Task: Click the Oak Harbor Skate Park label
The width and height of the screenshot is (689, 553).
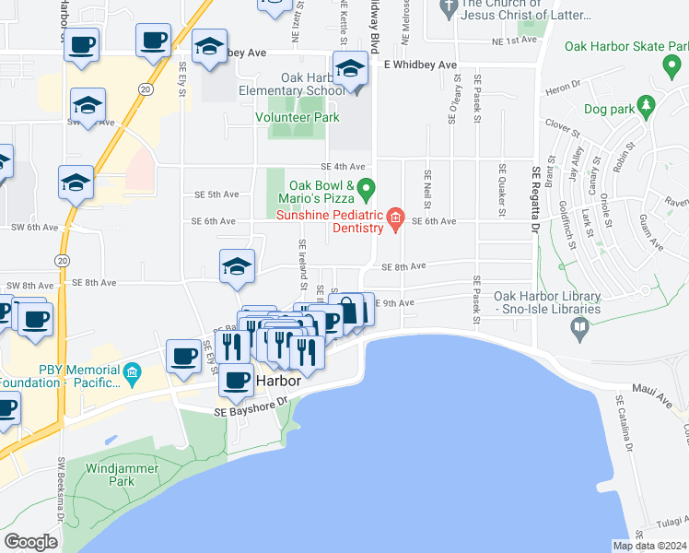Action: tap(626, 46)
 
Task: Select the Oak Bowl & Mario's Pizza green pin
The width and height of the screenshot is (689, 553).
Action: tap(367, 191)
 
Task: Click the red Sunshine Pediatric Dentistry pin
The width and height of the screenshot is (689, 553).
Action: tap(396, 219)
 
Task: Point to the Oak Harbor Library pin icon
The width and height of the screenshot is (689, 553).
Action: tap(580, 326)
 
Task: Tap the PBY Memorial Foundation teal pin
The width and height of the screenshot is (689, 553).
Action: tap(133, 374)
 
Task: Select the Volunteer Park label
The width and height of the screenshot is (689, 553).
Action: tap(298, 117)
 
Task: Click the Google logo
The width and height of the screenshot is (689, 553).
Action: tap(30, 542)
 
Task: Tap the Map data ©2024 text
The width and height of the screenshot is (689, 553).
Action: tap(648, 546)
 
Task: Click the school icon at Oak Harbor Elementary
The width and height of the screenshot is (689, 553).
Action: tap(350, 70)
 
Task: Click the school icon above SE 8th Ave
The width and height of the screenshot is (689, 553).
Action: tap(238, 267)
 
